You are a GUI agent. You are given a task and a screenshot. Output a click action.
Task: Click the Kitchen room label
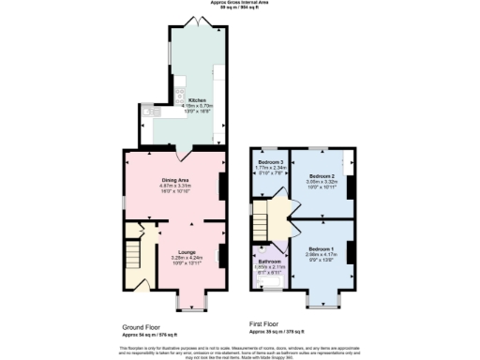point(198,100)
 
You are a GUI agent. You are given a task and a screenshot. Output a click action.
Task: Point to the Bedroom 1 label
point(321,248)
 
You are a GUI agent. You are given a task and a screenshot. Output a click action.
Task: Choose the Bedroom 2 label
point(322,175)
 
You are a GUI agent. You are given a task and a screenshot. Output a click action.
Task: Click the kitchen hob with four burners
point(180,94)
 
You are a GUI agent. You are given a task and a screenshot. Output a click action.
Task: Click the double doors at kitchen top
point(198,21)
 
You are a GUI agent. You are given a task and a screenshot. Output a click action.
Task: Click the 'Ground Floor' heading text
point(142,327)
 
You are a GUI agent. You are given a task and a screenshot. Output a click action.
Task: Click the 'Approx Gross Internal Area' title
point(240,3)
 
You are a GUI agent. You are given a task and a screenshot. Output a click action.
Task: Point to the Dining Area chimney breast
point(222,185)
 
